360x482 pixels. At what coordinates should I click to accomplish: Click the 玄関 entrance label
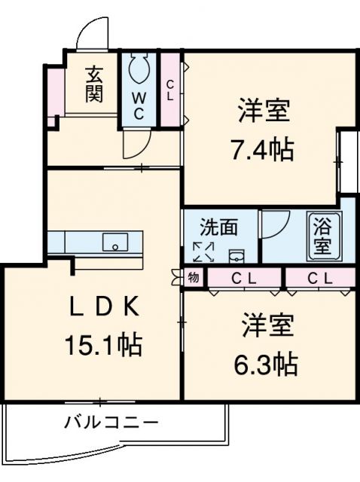click(93, 85)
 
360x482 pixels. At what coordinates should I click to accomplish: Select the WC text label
click(140, 105)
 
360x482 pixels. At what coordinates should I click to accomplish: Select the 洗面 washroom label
click(218, 227)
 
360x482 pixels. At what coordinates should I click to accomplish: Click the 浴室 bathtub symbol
click(322, 236)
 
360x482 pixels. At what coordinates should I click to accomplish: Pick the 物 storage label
click(194, 277)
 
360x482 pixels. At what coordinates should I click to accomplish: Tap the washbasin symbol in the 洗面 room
click(236, 254)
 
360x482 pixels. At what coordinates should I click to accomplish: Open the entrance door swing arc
click(90, 34)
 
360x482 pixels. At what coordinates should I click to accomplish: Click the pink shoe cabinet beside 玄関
click(54, 94)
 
